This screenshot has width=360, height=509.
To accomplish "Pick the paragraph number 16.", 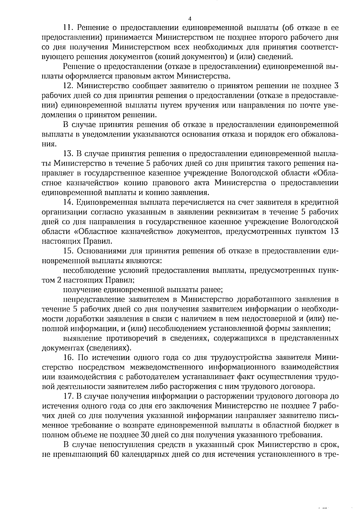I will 69,358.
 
